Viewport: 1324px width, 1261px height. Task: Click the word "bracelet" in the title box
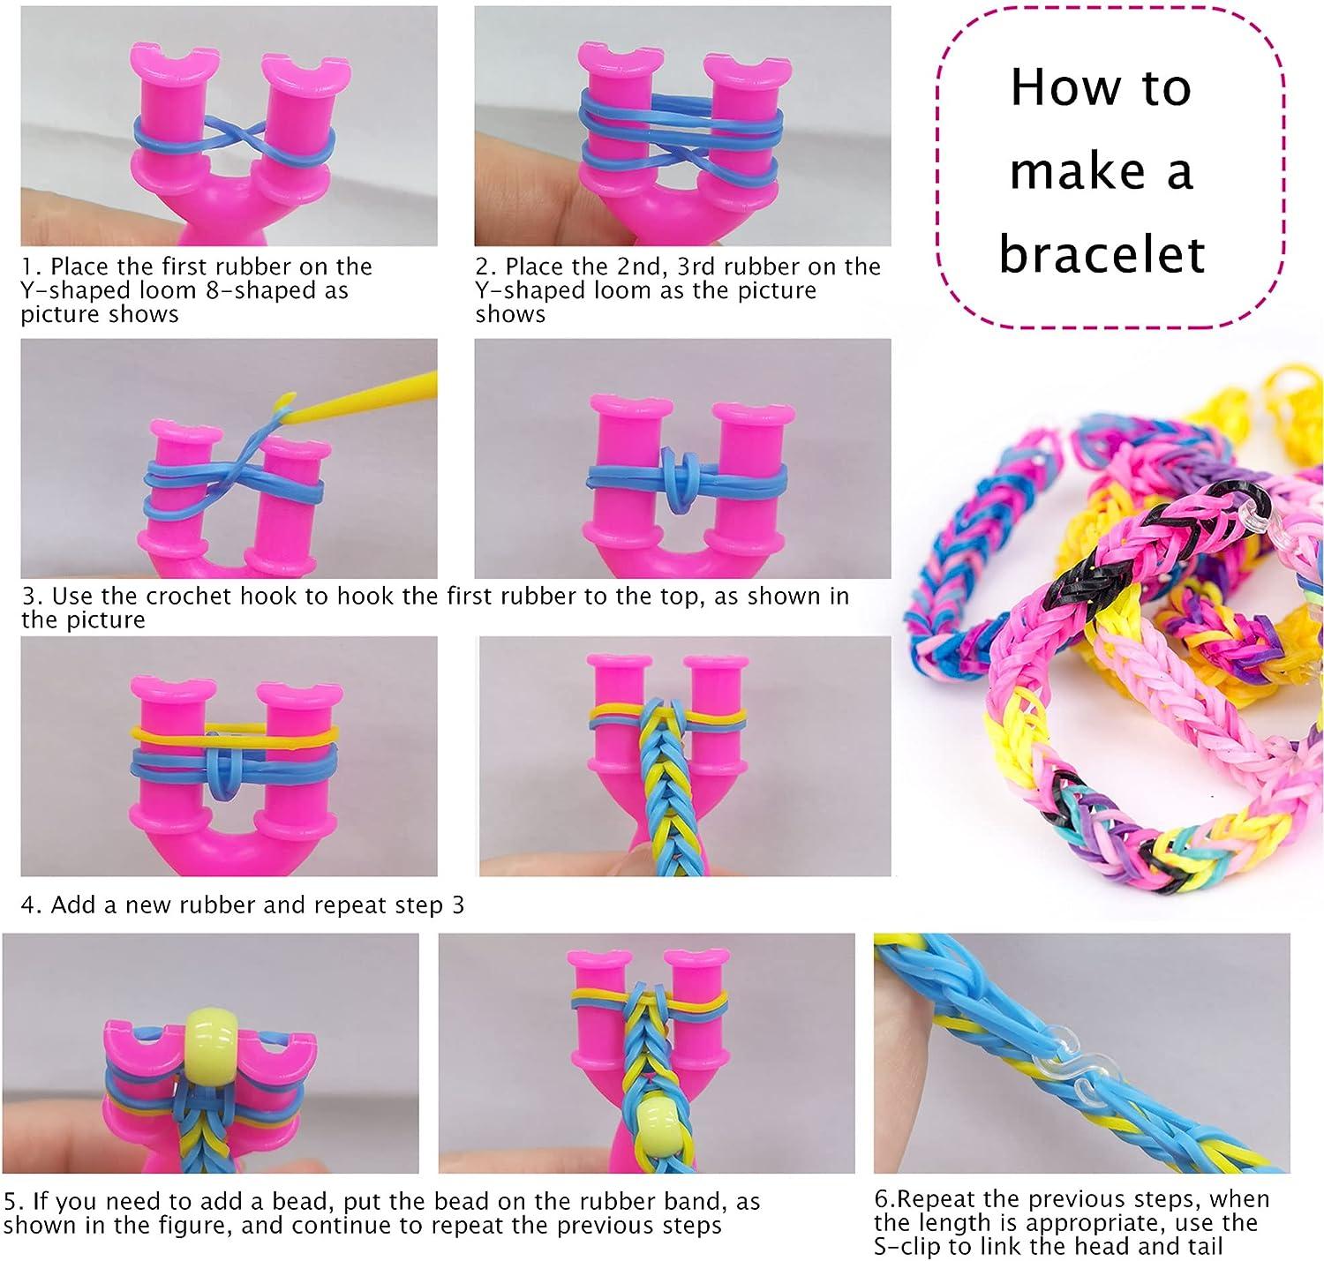pos(1102,253)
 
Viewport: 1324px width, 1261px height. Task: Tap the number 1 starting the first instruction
pos(28,266)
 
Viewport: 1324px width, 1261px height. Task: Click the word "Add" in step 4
pos(71,904)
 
